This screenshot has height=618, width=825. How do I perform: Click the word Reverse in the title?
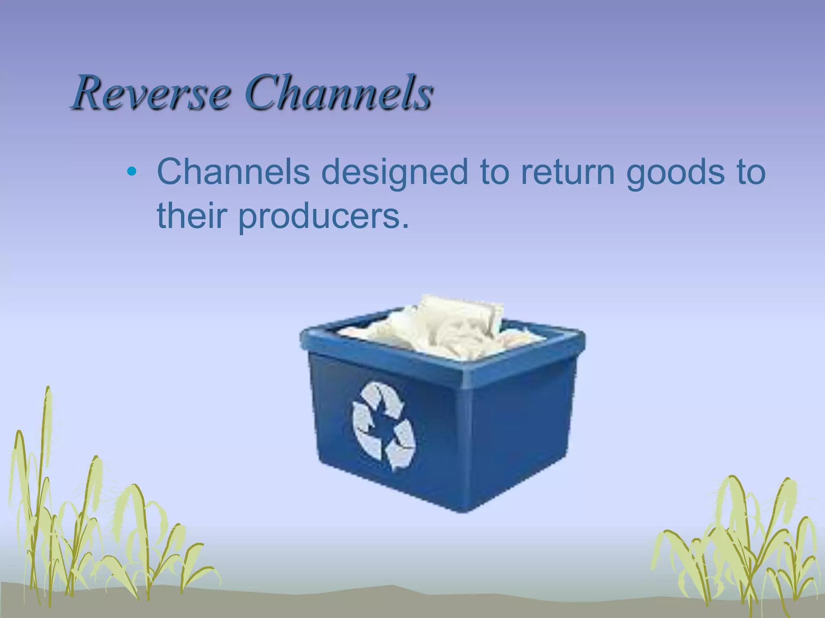tap(151, 93)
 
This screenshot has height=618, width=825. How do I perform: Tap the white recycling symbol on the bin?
tap(383, 426)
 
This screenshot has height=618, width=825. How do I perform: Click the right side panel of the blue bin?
tap(524, 426)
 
